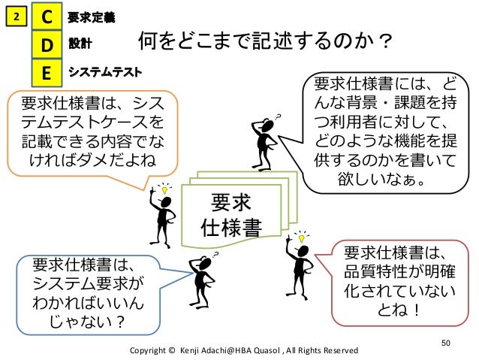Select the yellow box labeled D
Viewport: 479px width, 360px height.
click(47, 45)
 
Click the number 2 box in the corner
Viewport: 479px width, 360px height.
click(16, 16)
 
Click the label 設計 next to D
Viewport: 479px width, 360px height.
click(79, 44)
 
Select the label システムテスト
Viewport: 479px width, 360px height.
click(104, 72)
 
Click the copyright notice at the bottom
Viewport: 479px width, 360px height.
click(244, 350)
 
